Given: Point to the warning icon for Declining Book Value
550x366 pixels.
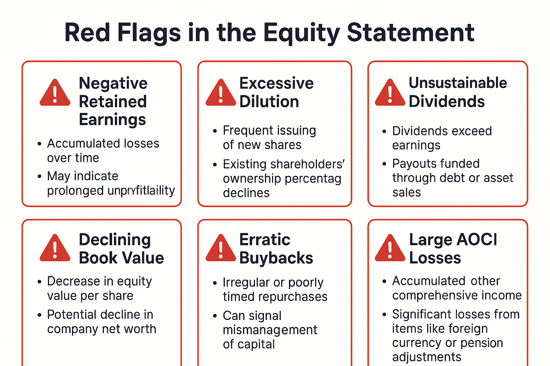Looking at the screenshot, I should [x=55, y=249].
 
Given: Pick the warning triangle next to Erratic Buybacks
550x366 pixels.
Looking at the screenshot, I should [x=221, y=249].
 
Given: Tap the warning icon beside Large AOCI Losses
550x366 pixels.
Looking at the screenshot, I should [x=390, y=249].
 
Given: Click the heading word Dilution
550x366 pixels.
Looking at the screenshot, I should [x=269, y=102].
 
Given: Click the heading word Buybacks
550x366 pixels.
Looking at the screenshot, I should [x=276, y=258].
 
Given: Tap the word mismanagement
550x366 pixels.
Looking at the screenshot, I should [x=270, y=330].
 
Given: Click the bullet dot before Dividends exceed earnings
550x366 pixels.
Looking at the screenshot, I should [x=384, y=132].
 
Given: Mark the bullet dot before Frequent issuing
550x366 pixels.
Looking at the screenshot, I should [x=215, y=131].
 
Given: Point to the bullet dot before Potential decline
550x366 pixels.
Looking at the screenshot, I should [x=39, y=315].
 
